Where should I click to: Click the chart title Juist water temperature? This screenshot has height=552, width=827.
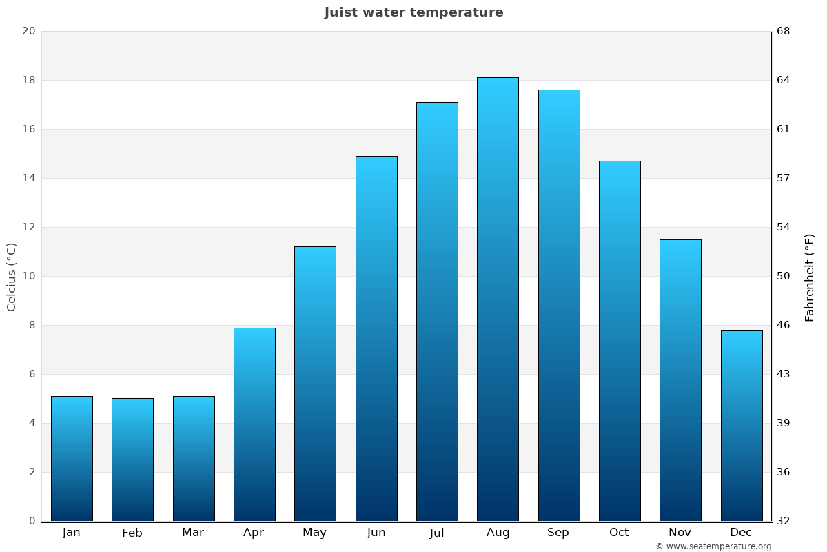click(x=413, y=12)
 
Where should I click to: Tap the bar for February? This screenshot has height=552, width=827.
click(x=132, y=460)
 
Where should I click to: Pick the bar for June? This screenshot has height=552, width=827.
click(x=376, y=338)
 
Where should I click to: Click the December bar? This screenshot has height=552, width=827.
click(x=742, y=425)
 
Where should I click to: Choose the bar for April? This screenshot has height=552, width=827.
click(x=254, y=424)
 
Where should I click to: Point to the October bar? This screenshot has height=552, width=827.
click(x=620, y=341)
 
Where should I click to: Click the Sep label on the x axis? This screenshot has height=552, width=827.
click(x=558, y=533)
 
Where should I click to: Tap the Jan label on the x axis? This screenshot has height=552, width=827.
click(x=72, y=533)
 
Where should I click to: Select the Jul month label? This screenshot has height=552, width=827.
click(x=437, y=533)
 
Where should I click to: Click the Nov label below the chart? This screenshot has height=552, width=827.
click(x=680, y=533)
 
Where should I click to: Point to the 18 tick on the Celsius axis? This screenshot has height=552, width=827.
click(x=29, y=80)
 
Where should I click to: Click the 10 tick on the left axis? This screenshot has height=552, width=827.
click(x=29, y=276)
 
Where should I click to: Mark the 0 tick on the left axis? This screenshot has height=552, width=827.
click(x=32, y=521)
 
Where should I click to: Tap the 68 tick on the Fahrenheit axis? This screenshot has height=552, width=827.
click(x=784, y=31)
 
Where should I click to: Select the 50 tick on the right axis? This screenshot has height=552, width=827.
click(x=784, y=276)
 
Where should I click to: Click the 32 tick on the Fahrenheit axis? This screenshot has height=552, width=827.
click(x=784, y=521)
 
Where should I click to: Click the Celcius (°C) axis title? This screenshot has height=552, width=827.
click(x=12, y=277)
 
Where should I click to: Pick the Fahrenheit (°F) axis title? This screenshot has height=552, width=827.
click(x=810, y=277)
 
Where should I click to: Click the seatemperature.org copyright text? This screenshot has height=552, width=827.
click(x=713, y=546)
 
